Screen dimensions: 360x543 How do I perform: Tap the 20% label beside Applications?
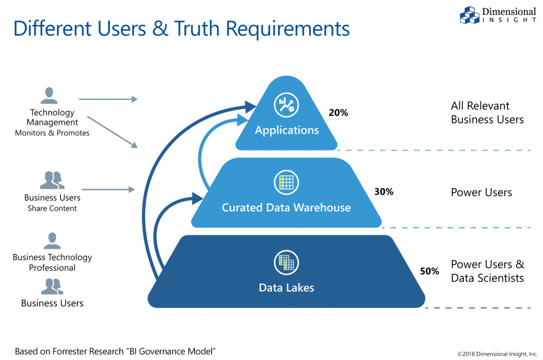pyautogui.click(x=338, y=112)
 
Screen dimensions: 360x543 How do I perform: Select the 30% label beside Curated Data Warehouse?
pyautogui.click(x=383, y=192)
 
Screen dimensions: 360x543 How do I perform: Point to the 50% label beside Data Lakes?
pyautogui.click(x=430, y=271)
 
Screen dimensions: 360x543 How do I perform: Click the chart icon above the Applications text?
pyautogui.click(x=286, y=104)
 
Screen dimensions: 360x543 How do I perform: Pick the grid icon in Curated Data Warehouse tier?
pyautogui.click(x=286, y=182)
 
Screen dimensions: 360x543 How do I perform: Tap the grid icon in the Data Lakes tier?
pyautogui.click(x=286, y=262)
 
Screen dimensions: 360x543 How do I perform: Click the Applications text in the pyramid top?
pyautogui.click(x=286, y=130)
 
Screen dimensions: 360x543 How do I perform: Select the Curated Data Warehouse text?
pyautogui.click(x=286, y=207)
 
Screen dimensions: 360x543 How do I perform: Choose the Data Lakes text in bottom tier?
pyautogui.click(x=286, y=288)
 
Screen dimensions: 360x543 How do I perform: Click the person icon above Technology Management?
pyautogui.click(x=49, y=95)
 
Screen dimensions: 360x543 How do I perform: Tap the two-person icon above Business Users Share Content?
pyautogui.click(x=52, y=180)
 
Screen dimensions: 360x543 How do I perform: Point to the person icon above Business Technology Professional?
pyautogui.click(x=52, y=240)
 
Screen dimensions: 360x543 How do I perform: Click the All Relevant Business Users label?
pyautogui.click(x=487, y=112)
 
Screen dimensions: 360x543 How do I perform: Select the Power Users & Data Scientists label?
pyautogui.click(x=487, y=271)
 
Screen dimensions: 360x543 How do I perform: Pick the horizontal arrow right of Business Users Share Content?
pyautogui.click(x=108, y=189)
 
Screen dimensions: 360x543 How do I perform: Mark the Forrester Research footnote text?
pyautogui.click(x=115, y=351)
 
